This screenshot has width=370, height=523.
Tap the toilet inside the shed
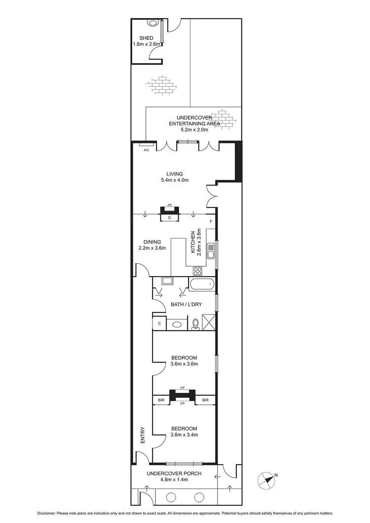point(153,23)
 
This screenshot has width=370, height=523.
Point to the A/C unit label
point(146,150)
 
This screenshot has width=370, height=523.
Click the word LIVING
point(175,174)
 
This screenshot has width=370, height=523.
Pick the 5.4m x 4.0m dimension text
point(175,180)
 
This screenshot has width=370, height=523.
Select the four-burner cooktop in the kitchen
point(198,270)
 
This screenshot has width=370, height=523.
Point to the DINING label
point(152,242)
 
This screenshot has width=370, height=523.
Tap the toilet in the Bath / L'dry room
point(195,323)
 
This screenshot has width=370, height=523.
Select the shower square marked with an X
point(209,323)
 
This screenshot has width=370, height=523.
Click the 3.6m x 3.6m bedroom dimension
point(184,364)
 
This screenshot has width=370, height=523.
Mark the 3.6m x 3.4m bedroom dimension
point(184,435)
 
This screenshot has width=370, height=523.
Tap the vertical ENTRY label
point(142,436)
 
